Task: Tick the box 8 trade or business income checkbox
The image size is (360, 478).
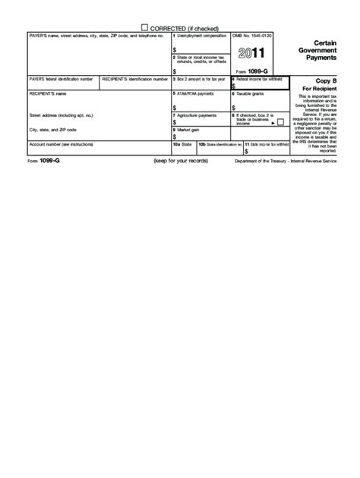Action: click(280, 121)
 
